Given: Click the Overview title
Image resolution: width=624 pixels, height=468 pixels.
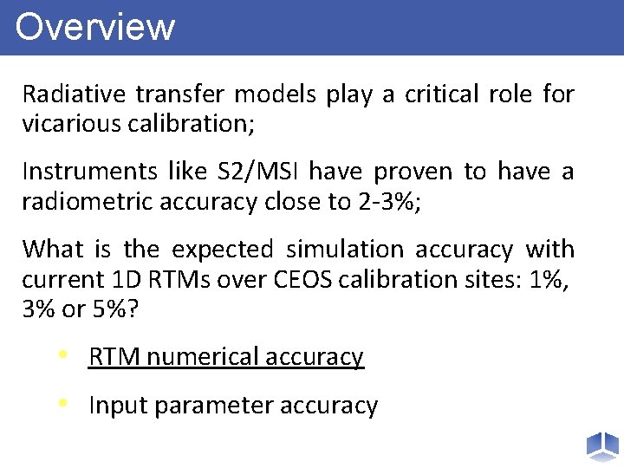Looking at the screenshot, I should point(95,27).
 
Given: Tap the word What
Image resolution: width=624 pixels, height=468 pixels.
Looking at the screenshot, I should point(52,250).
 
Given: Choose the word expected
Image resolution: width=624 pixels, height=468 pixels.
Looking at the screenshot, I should point(223,250).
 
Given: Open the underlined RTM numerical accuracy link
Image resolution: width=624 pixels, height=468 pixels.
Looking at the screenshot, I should point(226,357).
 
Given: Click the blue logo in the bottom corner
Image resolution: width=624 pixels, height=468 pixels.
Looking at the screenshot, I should point(601,445).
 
